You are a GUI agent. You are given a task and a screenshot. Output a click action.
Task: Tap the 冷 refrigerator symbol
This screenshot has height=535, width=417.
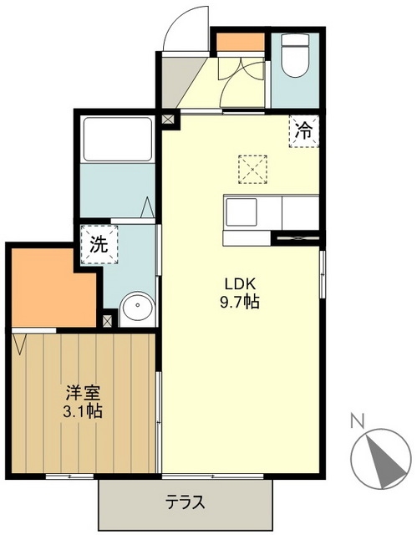click(x=305, y=130)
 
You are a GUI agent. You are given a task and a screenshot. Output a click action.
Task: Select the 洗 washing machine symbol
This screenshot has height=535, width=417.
click(x=99, y=246)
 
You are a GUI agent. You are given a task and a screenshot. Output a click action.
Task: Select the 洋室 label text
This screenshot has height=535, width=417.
click(x=83, y=390)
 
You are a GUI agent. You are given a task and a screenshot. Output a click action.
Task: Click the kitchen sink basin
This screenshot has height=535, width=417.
click(x=242, y=212)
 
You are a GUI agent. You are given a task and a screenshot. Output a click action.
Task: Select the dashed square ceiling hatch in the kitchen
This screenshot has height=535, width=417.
click(x=251, y=167)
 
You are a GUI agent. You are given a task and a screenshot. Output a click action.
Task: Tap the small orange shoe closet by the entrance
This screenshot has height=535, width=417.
click(x=241, y=42)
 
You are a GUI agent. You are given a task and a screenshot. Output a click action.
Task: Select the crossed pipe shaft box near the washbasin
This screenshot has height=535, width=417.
click(x=108, y=319)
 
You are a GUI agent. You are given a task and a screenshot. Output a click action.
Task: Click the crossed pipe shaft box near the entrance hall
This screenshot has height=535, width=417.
click(x=170, y=119)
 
